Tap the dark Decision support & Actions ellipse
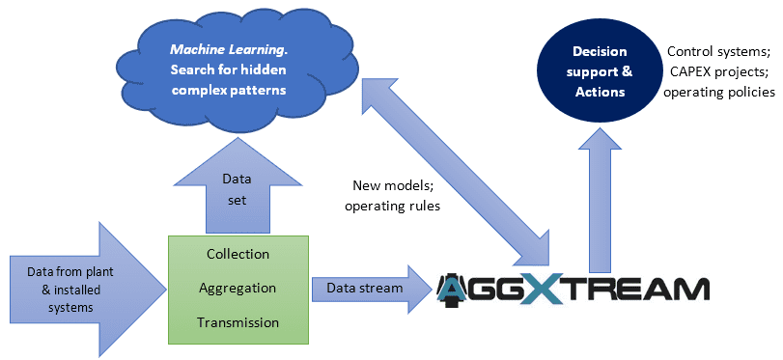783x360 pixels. point(599,71)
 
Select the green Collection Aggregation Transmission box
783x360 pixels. point(238,288)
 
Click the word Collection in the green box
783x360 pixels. point(238,254)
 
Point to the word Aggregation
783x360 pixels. point(238,288)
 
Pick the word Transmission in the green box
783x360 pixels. point(238,322)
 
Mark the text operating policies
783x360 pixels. point(718,93)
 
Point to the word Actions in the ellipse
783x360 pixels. point(599,93)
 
